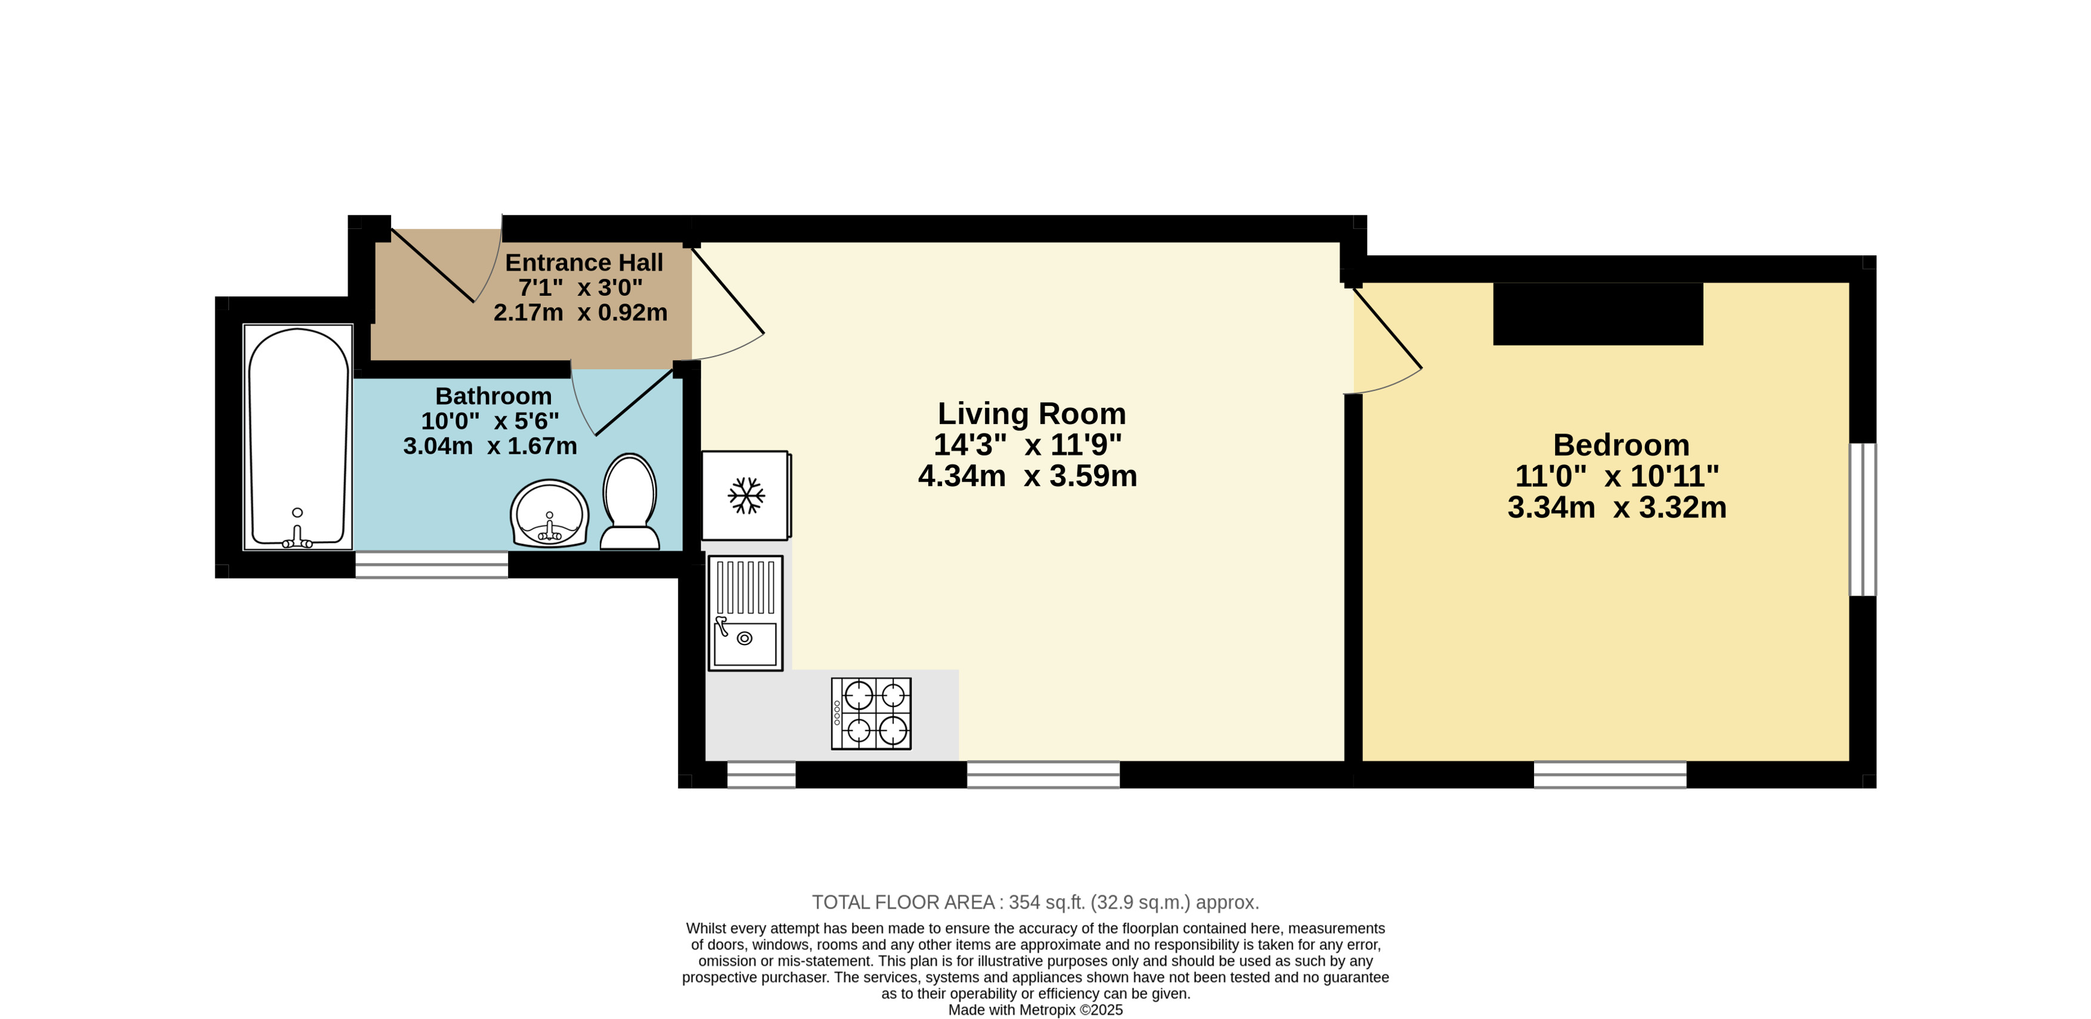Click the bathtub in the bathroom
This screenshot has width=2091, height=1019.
tap(298, 438)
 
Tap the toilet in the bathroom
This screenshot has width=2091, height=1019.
tap(629, 502)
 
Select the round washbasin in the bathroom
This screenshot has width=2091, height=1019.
tap(550, 513)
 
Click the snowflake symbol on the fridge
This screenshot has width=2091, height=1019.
tap(746, 495)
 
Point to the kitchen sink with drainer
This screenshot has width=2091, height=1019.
tap(745, 613)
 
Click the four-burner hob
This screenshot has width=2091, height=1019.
tap(871, 714)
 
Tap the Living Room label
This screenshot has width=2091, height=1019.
tap(1031, 413)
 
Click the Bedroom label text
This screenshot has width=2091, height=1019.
tap(1621, 445)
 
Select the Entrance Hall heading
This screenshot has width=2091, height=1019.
tap(584, 262)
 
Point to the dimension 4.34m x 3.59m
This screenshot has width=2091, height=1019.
tap(1028, 476)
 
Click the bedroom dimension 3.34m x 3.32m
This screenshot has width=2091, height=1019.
tap(1617, 507)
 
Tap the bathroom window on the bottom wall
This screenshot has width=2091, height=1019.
tap(432, 564)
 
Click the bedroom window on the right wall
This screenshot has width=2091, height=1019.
tap(1863, 520)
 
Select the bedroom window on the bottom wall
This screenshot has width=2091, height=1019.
tap(1610, 775)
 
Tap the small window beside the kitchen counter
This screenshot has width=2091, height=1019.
tap(761, 775)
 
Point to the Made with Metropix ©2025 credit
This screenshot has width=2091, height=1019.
tap(1036, 1010)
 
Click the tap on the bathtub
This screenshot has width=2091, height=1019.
tap(297, 537)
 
